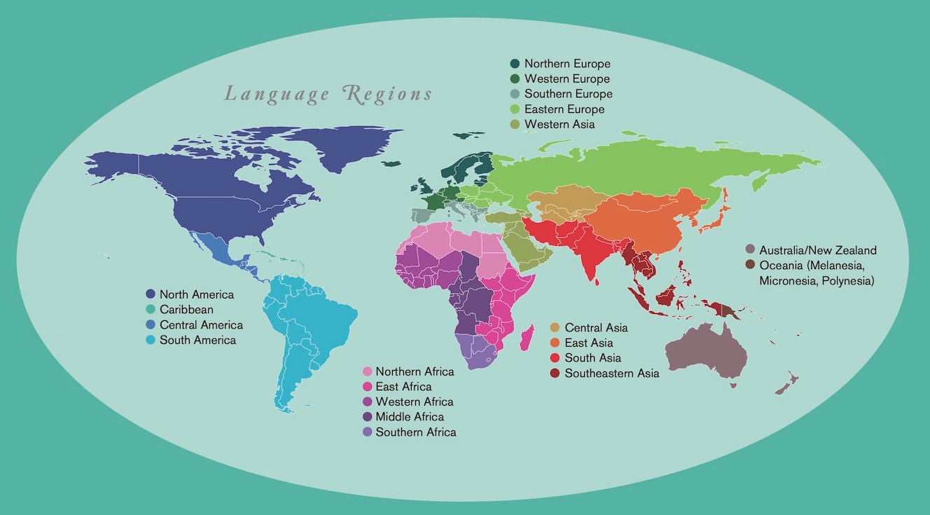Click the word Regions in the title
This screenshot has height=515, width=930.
pos(388,94)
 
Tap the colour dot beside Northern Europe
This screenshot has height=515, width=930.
pos(515,64)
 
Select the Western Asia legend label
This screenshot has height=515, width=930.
pos(560,124)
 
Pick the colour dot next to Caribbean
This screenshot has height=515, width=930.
pos(151,309)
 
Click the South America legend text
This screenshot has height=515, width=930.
pos(197,340)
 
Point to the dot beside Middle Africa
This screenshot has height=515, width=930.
pos(366,417)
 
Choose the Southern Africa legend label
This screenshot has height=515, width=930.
pos(415,432)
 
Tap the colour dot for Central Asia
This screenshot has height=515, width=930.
pos(555,327)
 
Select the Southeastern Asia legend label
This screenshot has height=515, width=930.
pos(611,373)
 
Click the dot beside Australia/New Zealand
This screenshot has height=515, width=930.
pos(750,249)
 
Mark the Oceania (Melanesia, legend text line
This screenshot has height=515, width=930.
pos(816,265)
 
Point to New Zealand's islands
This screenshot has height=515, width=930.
pos(787,383)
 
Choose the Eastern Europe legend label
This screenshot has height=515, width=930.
pos(564,109)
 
